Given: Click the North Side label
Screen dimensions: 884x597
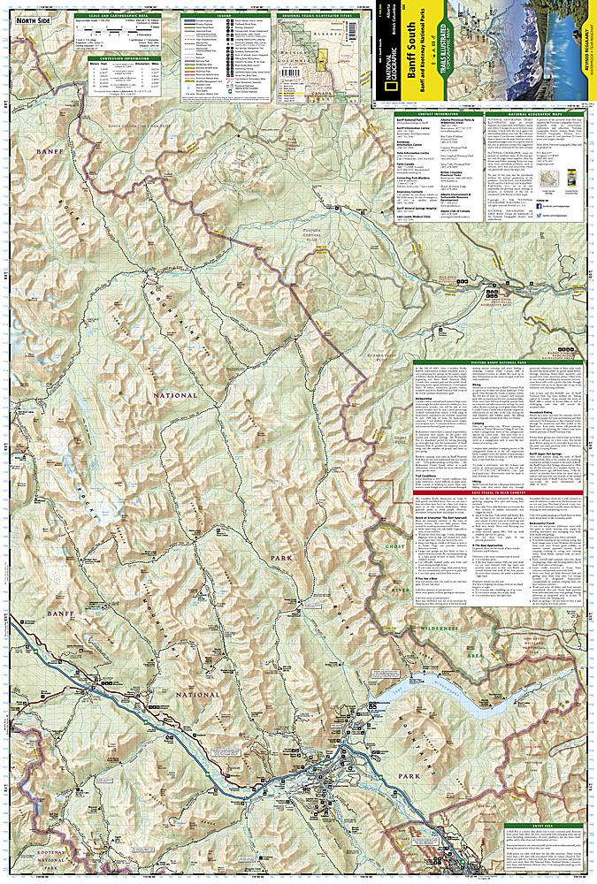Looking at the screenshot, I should tap(32, 20).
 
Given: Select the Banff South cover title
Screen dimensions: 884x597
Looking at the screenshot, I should tap(416, 53).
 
